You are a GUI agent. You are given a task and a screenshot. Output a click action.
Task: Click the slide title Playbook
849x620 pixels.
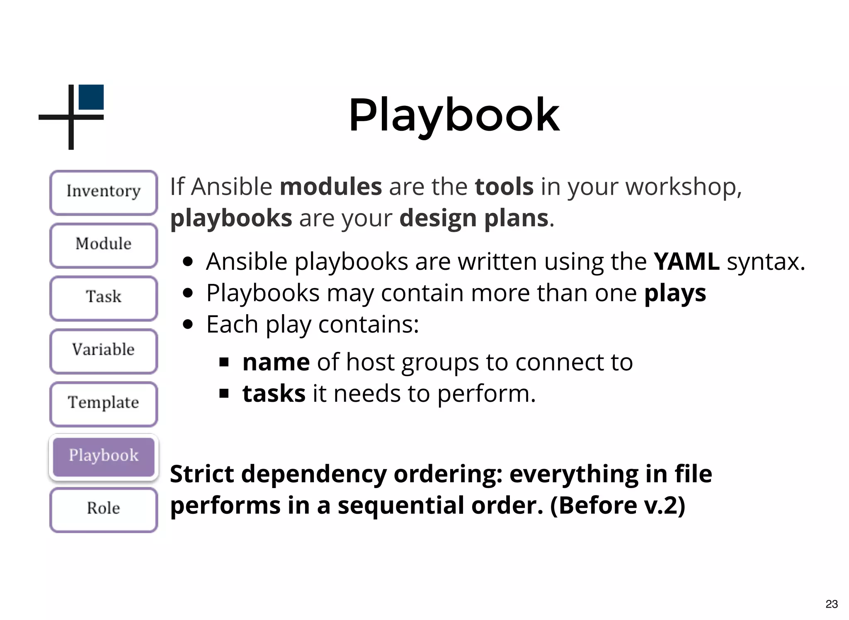click(454, 115)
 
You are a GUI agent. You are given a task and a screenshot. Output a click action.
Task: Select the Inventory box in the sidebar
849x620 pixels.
click(104, 192)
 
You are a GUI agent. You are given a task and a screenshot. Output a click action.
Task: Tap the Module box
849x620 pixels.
click(104, 245)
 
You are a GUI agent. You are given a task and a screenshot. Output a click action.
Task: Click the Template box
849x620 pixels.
click(104, 403)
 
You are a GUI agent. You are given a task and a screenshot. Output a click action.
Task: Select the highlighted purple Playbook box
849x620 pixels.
click(104, 456)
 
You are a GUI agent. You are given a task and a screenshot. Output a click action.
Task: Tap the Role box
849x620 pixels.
click(104, 509)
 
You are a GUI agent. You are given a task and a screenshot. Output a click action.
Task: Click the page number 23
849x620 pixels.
click(831, 604)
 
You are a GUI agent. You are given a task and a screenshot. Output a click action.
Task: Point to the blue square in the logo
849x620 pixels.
click(91, 97)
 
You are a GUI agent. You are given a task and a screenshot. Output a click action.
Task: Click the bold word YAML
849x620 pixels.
click(686, 262)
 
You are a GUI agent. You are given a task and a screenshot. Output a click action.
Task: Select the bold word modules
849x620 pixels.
click(330, 187)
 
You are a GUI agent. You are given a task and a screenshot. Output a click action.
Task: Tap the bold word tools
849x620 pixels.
click(504, 187)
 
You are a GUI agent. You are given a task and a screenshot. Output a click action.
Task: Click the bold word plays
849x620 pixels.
click(675, 294)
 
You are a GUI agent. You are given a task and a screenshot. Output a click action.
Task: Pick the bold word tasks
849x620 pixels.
click(274, 394)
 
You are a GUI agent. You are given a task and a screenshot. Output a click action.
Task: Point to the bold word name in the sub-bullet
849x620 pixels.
click(276, 362)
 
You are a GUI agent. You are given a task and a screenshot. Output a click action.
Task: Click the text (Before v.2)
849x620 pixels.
click(618, 505)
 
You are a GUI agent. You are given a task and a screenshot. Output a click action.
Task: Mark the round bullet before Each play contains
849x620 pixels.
click(188, 325)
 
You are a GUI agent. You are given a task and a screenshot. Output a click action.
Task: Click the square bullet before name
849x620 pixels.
click(224, 362)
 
